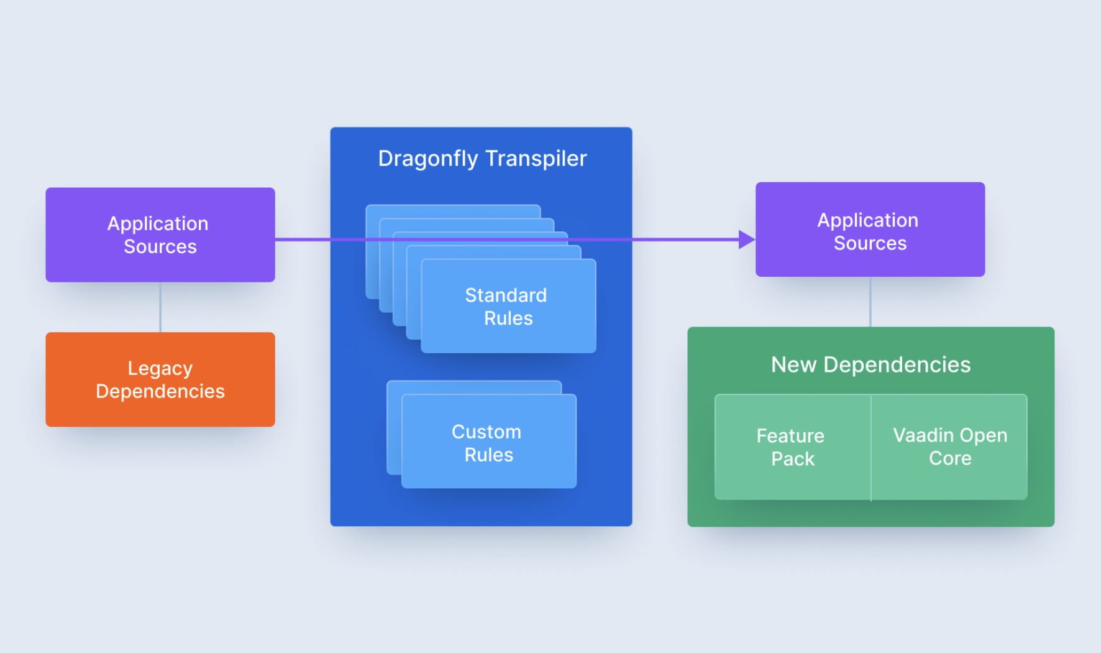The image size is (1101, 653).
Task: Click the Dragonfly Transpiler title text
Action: [482, 159]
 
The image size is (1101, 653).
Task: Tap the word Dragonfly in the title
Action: [427, 159]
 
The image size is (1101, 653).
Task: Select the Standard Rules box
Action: [508, 307]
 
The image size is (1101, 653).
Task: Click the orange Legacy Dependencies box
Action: [160, 379]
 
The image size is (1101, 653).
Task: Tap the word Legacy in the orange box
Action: [160, 368]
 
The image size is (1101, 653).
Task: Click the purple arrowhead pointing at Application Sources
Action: [746, 239]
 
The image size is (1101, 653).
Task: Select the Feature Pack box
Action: [792, 447]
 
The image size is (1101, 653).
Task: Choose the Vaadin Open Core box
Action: [950, 447]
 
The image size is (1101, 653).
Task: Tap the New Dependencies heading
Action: [870, 364]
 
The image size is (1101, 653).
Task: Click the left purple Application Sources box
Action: [160, 234]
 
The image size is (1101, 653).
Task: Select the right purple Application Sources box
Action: [870, 229]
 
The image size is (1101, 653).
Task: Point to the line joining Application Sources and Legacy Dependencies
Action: [160, 307]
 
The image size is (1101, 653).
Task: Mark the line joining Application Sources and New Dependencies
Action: [870, 302]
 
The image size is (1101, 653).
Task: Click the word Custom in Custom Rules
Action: [486, 432]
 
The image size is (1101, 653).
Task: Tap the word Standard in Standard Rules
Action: [506, 295]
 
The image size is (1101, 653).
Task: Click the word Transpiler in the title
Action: [536, 159]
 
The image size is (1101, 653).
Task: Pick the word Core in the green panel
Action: [950, 458]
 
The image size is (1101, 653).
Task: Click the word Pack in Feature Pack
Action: [792, 459]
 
